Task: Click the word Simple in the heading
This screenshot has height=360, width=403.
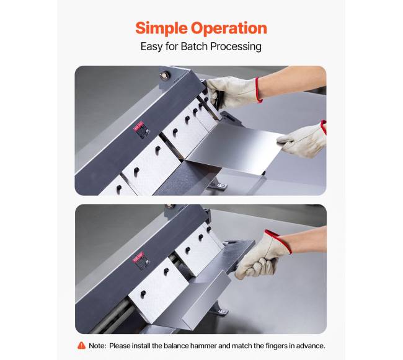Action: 162,28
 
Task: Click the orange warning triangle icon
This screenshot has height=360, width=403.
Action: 81,346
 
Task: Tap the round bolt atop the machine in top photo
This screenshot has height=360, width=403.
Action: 165,76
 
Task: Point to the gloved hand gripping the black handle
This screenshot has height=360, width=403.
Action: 234,92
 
